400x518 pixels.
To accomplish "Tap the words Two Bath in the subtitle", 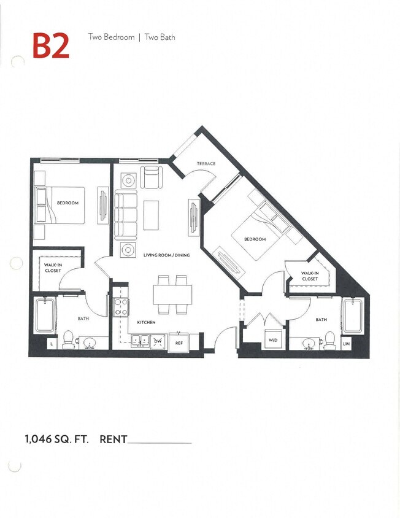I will pos(160,37).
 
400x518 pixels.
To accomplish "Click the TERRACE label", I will pos(206,163).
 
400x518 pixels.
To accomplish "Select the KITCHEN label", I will pos(146,322).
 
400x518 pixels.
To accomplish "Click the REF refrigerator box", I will pos(179,342).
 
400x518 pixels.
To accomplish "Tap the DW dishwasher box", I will pos(158,341).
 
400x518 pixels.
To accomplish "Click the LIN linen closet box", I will pos(347,344).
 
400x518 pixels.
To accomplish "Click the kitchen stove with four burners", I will pos(121,306).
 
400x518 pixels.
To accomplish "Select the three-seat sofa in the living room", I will pos(126,215).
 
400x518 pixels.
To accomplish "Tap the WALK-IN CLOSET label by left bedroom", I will pos(52,267).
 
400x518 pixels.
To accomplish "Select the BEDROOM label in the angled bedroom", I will pos(255,239).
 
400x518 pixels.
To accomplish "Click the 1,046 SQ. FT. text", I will pos(57,439).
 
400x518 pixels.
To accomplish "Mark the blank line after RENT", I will pos(160,442).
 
